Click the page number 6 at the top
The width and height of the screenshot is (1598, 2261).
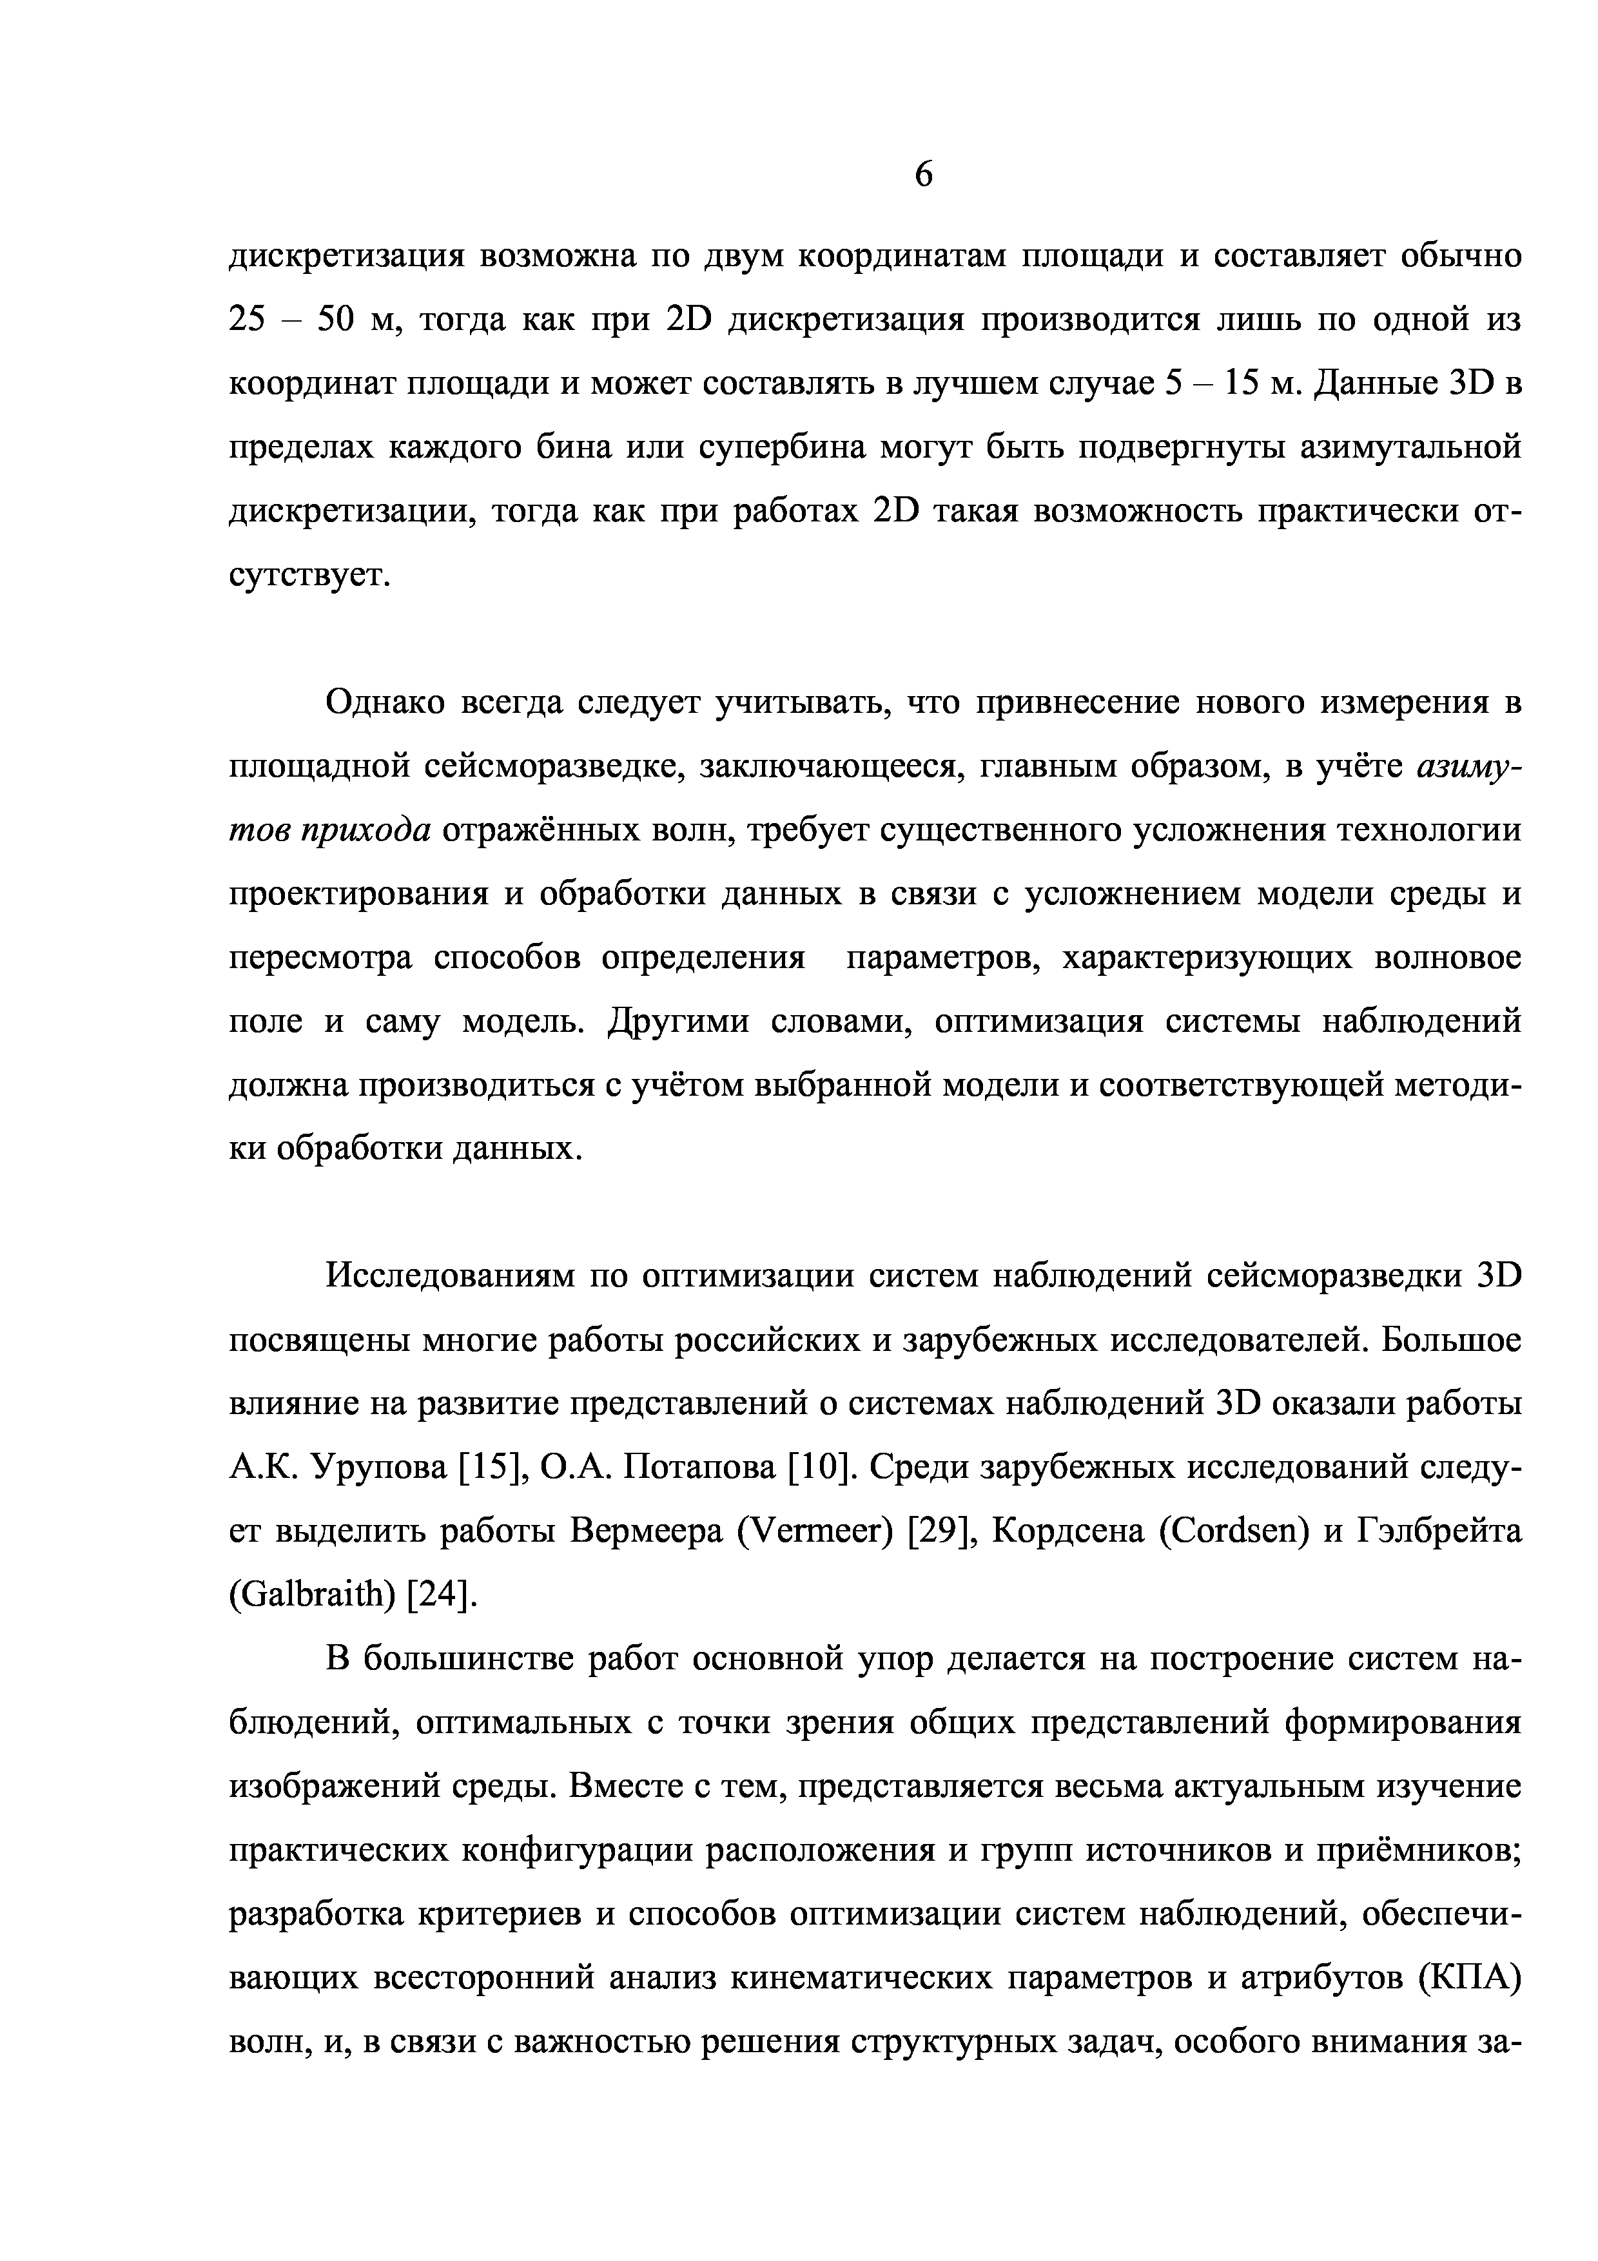pyautogui.click(x=922, y=175)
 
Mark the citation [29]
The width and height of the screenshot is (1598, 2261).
pyautogui.click(x=941, y=1532)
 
